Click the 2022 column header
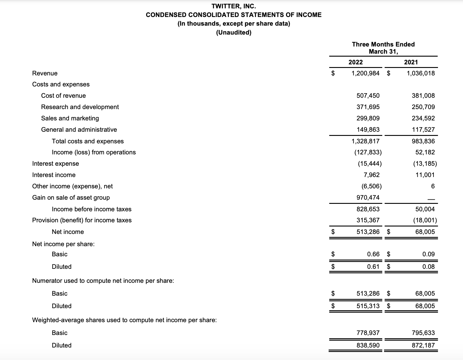355,62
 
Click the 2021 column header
411,62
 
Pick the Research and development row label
80,107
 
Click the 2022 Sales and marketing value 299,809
368,118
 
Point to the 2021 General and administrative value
423,130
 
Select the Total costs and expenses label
88,141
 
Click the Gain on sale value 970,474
368,198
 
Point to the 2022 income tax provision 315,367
368,220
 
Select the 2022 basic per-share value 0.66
373,254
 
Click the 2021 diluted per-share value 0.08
428,267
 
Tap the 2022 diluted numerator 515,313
368,306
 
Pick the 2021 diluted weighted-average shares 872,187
423,345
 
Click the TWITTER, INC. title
234,6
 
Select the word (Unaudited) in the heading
234,32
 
